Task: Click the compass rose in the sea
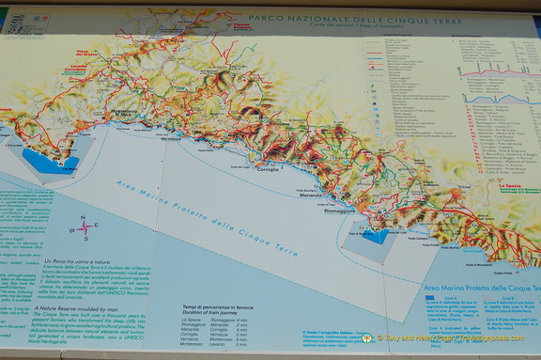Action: [85, 227]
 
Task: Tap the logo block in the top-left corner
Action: [18, 20]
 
